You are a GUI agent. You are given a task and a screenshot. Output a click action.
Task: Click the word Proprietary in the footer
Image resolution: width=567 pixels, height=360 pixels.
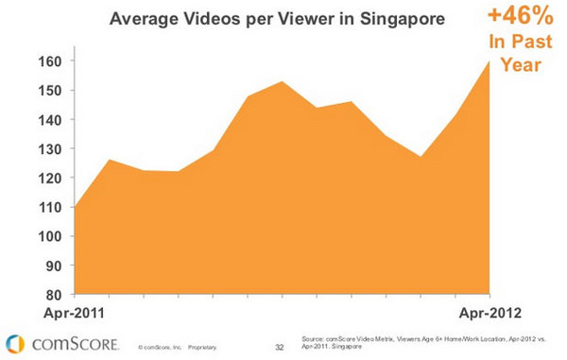coord(203,347)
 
